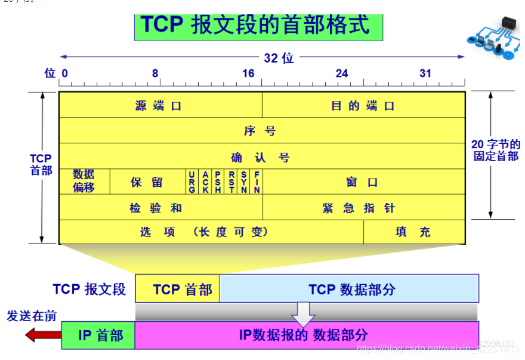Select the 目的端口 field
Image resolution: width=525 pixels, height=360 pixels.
point(363,106)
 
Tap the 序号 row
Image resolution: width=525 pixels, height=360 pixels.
point(261,131)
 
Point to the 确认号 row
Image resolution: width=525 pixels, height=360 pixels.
point(261,157)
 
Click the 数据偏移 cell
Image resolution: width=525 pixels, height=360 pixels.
point(84,181)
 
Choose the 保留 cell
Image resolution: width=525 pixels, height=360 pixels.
point(147,182)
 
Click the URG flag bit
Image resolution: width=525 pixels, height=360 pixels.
point(192,181)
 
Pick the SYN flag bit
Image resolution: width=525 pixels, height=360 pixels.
point(244,181)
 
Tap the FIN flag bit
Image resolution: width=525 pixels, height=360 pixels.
point(257,181)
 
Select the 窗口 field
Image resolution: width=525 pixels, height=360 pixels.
point(363,182)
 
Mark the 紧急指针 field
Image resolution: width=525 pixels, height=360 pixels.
point(363,208)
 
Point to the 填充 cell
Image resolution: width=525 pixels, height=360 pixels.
point(413,232)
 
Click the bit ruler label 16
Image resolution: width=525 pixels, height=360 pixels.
point(248,73)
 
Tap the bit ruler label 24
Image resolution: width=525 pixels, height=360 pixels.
point(342,73)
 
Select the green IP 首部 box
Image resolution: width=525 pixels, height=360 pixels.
point(99,335)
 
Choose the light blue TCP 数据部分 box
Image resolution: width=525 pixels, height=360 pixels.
point(349,289)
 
